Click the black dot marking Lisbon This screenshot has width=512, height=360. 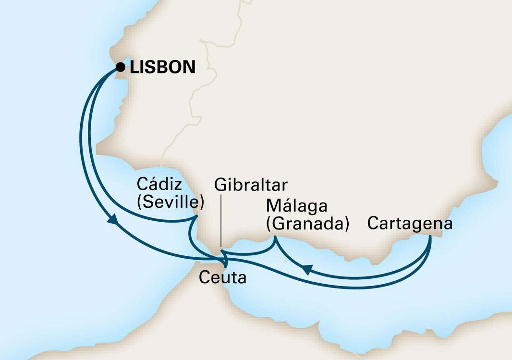coord(120,67)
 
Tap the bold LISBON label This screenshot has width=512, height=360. coord(163,67)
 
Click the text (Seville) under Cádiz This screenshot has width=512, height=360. coord(171,202)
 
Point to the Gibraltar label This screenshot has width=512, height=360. coord(251,185)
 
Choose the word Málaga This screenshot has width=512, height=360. coord(296,206)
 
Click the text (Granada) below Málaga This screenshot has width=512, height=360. coord(307,224)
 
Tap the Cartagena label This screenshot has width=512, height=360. coord(410,224)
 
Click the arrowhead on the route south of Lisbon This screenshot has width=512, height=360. coord(113,220)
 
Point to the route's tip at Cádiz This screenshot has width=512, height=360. coord(196,216)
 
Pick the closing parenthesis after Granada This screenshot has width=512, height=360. coord(346,224)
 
